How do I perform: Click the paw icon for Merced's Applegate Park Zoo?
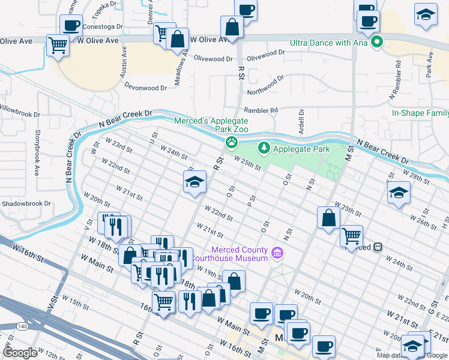coord(231,143)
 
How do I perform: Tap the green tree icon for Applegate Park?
coord(264,148)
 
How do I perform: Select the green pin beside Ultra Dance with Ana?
coord(377,42)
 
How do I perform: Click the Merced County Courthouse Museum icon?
coord(277,253)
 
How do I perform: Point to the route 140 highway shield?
coord(23,326)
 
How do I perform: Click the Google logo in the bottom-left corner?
coord(20,353)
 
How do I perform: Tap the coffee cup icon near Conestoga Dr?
coord(71,26)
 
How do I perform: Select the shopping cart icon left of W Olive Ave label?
coord(58,44)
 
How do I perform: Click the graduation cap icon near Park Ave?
coord(426,14)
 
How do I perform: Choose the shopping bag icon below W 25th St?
coord(328,218)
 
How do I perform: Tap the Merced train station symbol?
coord(378,247)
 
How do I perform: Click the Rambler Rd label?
coord(261,110)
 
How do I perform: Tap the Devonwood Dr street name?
coord(145,88)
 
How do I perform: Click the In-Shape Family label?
coord(420,113)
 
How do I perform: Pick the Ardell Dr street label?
coord(301,122)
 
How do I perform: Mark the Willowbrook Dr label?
coord(20,112)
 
